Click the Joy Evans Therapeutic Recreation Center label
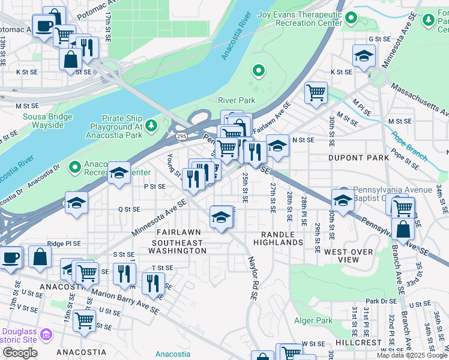(295, 18)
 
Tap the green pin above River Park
(259, 72)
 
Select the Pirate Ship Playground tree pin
(152, 125)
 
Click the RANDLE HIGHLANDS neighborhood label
(277, 238)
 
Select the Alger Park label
(313, 321)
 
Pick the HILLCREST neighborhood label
(358, 342)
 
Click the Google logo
(20, 353)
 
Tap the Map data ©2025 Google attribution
(412, 355)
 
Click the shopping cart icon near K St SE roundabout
(316, 92)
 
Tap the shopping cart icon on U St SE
(84, 320)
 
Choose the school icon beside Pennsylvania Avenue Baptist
(343, 200)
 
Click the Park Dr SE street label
(381, 301)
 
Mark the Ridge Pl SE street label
(64, 244)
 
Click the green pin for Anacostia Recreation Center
(75, 166)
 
